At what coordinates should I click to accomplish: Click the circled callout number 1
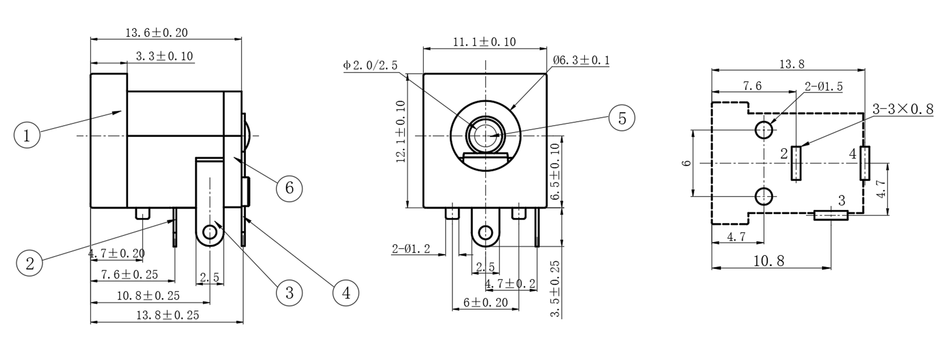(x=27, y=135)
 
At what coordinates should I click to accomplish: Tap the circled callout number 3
(x=289, y=293)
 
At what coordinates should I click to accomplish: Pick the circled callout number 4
(x=346, y=293)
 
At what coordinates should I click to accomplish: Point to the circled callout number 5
(x=621, y=118)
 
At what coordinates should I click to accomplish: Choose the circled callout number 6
(x=289, y=188)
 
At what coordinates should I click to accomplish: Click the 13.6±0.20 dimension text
(x=156, y=33)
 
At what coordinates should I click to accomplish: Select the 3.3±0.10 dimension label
(x=164, y=56)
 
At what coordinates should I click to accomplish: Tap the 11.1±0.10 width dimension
(x=484, y=42)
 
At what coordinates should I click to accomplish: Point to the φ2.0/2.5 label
(x=370, y=66)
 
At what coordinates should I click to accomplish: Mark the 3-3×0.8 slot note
(x=902, y=109)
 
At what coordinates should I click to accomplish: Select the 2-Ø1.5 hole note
(x=823, y=87)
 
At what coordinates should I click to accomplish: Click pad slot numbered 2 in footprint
(x=796, y=163)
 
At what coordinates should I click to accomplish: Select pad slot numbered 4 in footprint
(x=864, y=163)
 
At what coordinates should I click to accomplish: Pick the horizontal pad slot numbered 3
(x=831, y=216)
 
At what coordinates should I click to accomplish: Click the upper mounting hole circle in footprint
(x=764, y=130)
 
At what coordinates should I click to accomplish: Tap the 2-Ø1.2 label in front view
(x=411, y=249)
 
